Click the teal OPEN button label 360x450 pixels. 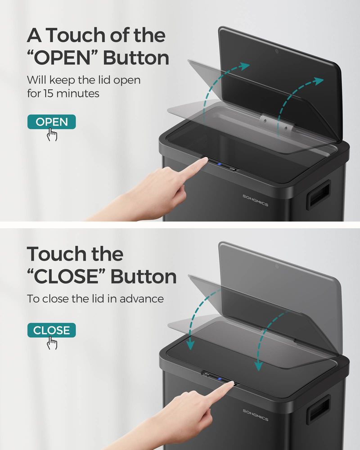point(51,121)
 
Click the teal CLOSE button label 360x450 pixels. point(51,330)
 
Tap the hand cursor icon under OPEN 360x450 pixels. point(53,134)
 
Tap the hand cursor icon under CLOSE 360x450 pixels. point(53,343)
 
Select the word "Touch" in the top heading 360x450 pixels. point(75,35)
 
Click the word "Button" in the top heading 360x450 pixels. point(136,58)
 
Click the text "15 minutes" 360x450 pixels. point(72,94)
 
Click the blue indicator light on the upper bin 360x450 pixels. point(218,165)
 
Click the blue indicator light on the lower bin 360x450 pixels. point(220,379)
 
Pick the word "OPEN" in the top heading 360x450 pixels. point(67,58)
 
